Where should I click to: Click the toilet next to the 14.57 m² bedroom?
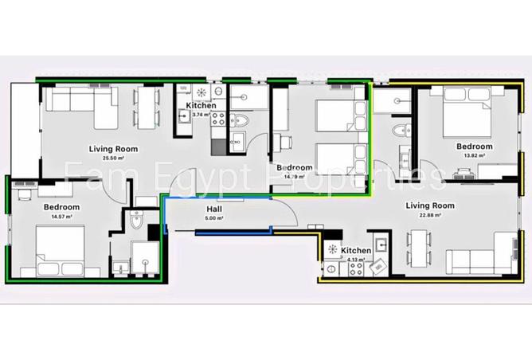(136, 225)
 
